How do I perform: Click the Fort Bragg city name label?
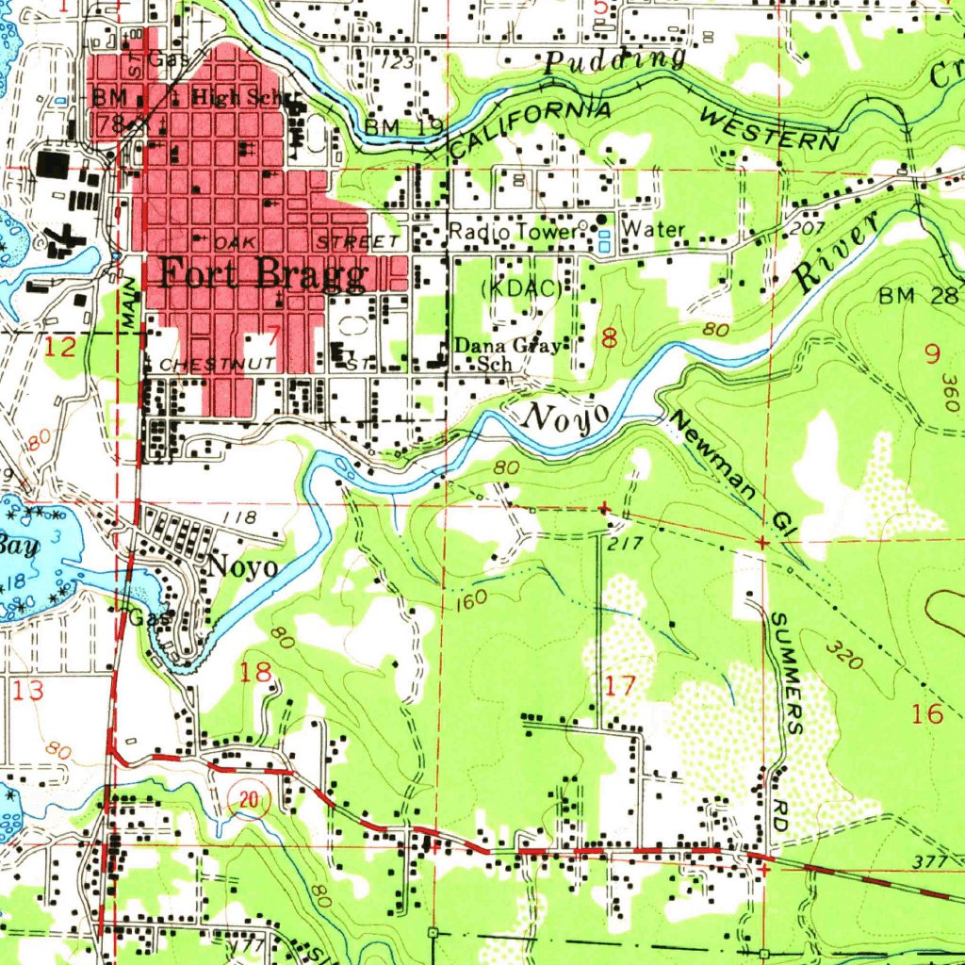click(x=262, y=274)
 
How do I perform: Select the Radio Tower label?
click(x=510, y=231)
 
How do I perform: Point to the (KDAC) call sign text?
click(x=520, y=289)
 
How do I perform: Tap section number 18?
click(x=256, y=672)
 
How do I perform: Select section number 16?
click(x=928, y=713)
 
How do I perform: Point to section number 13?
click(x=28, y=691)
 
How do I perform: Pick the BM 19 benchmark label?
click(x=391, y=127)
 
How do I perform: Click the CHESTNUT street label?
click(x=216, y=363)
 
